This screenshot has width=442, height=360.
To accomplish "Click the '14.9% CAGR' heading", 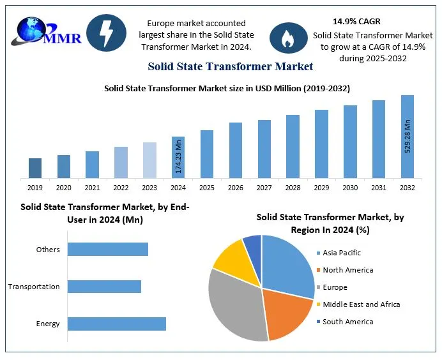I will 356,22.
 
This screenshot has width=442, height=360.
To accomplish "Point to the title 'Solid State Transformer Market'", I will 230,66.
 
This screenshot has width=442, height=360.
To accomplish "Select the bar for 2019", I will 35,168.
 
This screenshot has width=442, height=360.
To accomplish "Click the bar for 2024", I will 178,157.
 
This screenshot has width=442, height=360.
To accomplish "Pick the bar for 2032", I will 408,137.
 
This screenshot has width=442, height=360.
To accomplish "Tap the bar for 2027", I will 264,149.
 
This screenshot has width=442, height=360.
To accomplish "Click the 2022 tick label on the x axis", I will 121,188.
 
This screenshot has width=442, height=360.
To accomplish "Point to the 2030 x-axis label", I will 350,188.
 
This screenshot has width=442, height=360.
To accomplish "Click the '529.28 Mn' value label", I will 408,134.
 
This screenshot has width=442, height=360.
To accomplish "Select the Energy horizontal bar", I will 117,324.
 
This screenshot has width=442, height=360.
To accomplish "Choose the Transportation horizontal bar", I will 104,287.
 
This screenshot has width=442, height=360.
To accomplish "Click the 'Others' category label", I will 48,250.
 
